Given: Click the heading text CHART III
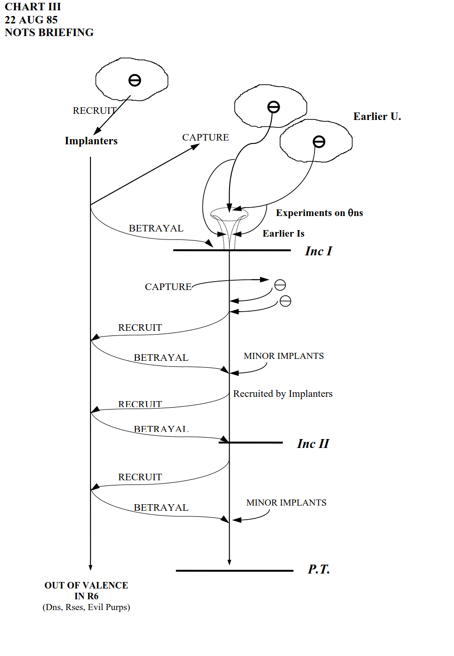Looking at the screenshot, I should click(33, 7).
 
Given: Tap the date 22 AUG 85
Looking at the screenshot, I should click(31, 20).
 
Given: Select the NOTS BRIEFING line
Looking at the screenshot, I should click(49, 32).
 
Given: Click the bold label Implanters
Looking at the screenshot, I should click(91, 141).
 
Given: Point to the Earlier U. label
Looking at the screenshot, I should click(377, 117).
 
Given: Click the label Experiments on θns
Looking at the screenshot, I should click(319, 213).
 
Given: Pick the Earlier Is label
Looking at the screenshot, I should click(283, 233).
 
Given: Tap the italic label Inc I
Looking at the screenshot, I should click(318, 251).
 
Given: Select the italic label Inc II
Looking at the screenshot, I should click(313, 444).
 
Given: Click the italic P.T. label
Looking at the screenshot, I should click(319, 569).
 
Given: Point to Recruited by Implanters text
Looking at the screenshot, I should click(283, 394).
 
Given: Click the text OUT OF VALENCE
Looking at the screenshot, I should click(86, 585).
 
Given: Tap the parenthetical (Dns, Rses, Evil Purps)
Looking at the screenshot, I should click(86, 607).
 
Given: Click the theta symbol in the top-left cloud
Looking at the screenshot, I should click(134, 81).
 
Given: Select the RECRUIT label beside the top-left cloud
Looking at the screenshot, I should click(94, 111).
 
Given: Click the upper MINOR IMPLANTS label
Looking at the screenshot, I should click(283, 356).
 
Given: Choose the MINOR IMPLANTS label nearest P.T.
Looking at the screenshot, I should click(286, 503).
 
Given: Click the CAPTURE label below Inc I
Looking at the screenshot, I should click(168, 287).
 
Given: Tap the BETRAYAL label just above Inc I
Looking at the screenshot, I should click(156, 228).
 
